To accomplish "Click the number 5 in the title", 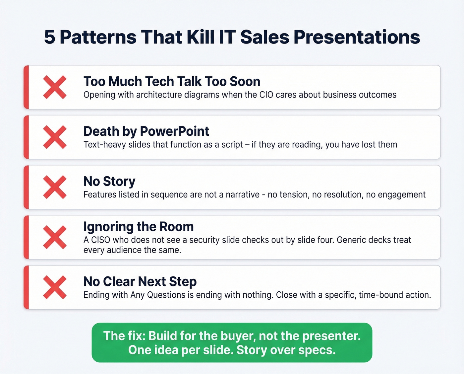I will click(49, 37).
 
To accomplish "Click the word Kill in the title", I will click(201, 37).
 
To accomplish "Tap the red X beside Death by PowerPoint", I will click(55, 137).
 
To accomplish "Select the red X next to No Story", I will click(55, 187).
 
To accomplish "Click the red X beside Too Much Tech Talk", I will click(55, 87).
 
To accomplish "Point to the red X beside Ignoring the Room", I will click(55, 237).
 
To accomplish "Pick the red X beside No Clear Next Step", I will click(55, 287).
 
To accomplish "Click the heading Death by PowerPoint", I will click(146, 131).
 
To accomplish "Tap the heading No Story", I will click(109, 182).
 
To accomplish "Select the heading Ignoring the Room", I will click(139, 227).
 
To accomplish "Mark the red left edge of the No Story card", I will click(26, 187).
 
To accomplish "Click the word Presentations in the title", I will click(357, 37).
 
